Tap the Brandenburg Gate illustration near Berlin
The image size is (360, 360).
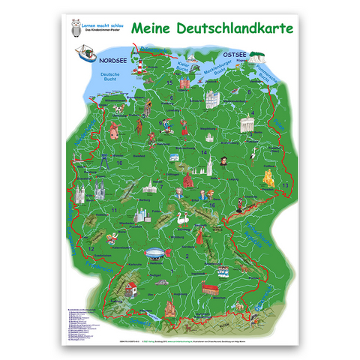pyautogui.click(x=244, y=128)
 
